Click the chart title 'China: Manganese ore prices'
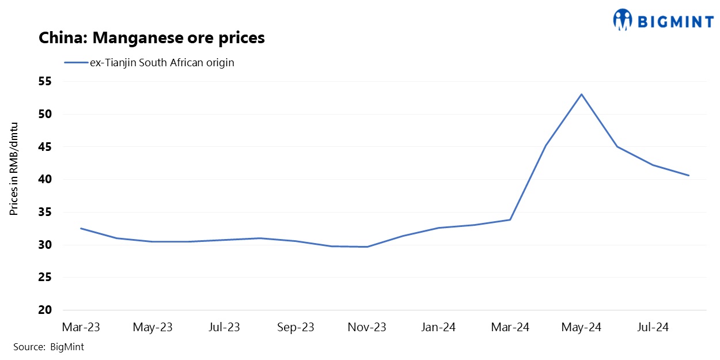(151, 39)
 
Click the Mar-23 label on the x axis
(81, 327)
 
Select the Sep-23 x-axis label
(295, 327)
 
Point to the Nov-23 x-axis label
(367, 327)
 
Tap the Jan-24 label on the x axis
(438, 327)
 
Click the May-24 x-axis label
(581, 327)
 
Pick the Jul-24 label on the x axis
(653, 327)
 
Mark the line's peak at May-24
(581, 94)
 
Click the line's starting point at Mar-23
(81, 229)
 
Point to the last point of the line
(688, 176)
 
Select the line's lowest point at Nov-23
(367, 247)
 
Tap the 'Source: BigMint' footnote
(49, 347)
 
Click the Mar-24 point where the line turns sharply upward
(510, 219)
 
